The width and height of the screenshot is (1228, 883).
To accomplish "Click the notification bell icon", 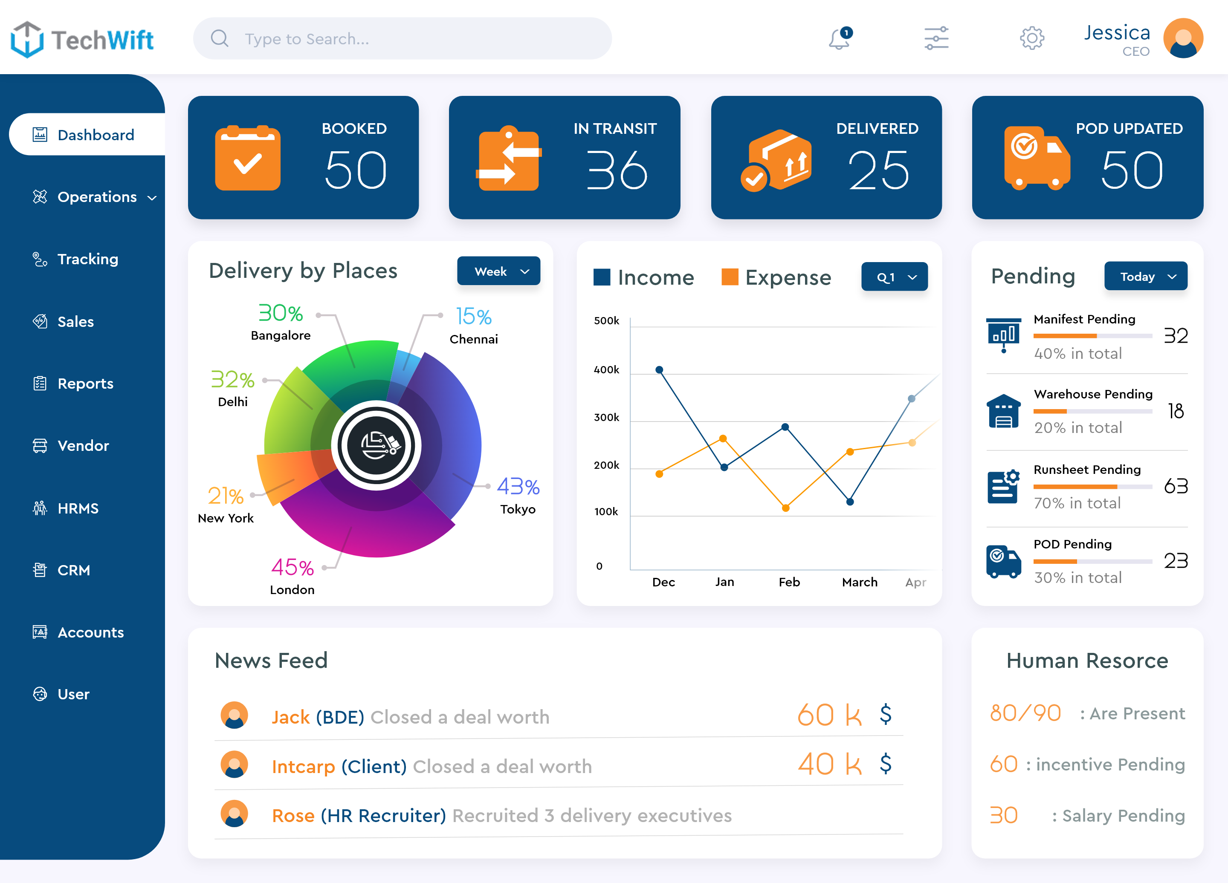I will tap(839, 38).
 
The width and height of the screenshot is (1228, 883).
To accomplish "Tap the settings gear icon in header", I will tap(1031, 38).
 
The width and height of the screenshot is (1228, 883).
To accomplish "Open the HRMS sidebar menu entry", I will tap(78, 508).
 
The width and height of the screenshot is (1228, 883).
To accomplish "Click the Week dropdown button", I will tap(498, 271).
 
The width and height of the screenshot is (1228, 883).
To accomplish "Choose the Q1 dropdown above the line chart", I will tap(894, 277).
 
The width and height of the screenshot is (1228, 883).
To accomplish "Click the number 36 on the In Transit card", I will tap(617, 171).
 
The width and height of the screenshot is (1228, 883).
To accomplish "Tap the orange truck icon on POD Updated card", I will tap(1036, 158).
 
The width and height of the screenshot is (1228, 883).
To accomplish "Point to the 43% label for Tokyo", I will tap(518, 486).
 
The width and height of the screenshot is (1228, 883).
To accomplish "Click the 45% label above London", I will tap(293, 568).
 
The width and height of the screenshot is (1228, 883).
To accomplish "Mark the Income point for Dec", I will tap(659, 370).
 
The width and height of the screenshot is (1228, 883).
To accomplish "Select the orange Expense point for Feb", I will tap(786, 508).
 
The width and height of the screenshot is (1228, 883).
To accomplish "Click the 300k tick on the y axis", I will tap(606, 417).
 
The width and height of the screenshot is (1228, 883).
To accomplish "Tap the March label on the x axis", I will tap(859, 582).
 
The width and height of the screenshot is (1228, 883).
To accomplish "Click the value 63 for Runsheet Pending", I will tap(1176, 486).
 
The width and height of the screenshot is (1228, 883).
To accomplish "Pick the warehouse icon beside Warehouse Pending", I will tap(1003, 411).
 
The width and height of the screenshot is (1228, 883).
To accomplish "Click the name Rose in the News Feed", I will tap(293, 815).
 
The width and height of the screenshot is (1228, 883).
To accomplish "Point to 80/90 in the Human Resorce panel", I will tap(1025, 713).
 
